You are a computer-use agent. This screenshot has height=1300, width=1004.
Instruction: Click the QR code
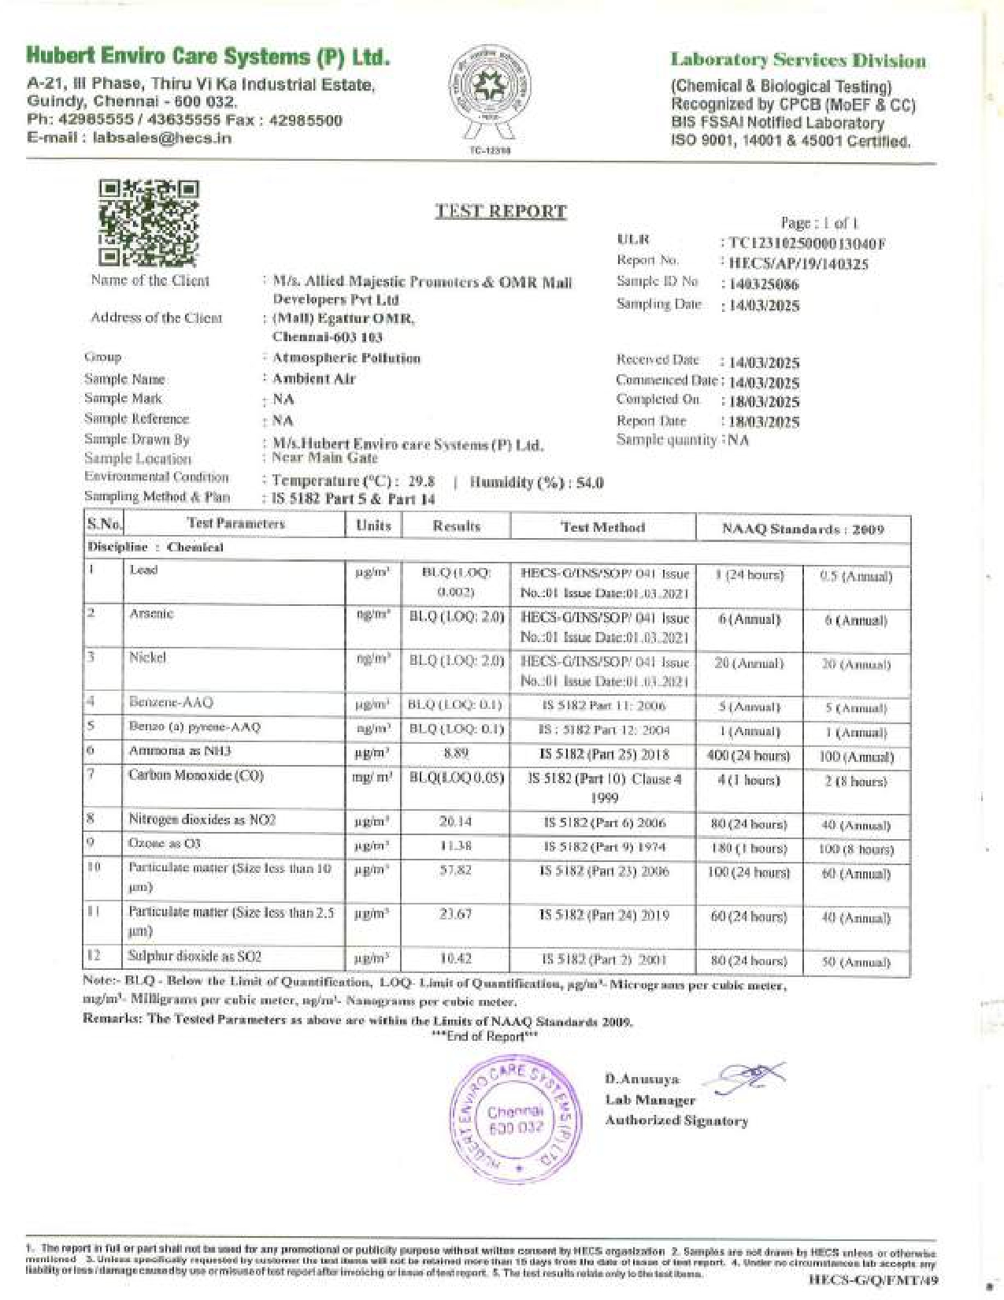click(x=149, y=222)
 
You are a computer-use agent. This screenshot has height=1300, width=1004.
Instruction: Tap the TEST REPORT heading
click(x=501, y=211)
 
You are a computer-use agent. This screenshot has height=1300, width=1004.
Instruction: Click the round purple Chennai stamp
click(x=516, y=1120)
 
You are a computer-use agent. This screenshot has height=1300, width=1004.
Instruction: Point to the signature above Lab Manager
click(x=749, y=1075)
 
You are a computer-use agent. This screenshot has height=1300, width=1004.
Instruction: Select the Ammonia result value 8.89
click(x=456, y=753)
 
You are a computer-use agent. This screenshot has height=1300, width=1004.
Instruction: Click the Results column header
click(x=456, y=526)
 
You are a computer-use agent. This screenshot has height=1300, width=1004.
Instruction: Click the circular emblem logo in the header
click(x=491, y=86)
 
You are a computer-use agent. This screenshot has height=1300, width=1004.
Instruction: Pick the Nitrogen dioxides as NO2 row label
click(x=202, y=820)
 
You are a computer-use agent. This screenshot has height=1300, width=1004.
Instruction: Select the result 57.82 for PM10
click(x=456, y=871)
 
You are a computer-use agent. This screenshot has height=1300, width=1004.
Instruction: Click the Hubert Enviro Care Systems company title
click(x=208, y=57)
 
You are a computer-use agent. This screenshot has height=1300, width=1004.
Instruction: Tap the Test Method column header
click(x=602, y=527)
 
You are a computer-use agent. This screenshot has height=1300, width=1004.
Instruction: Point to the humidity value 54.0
click(x=590, y=483)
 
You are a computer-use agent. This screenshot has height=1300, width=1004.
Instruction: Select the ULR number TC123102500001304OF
click(x=806, y=244)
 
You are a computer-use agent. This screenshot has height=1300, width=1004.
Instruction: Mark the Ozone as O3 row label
click(x=165, y=844)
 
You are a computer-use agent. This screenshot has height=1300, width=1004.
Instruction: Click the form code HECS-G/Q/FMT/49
click(x=874, y=1280)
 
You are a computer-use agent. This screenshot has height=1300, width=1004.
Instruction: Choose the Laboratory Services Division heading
click(x=798, y=61)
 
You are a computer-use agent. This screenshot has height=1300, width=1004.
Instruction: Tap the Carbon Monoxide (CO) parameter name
click(x=196, y=776)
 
